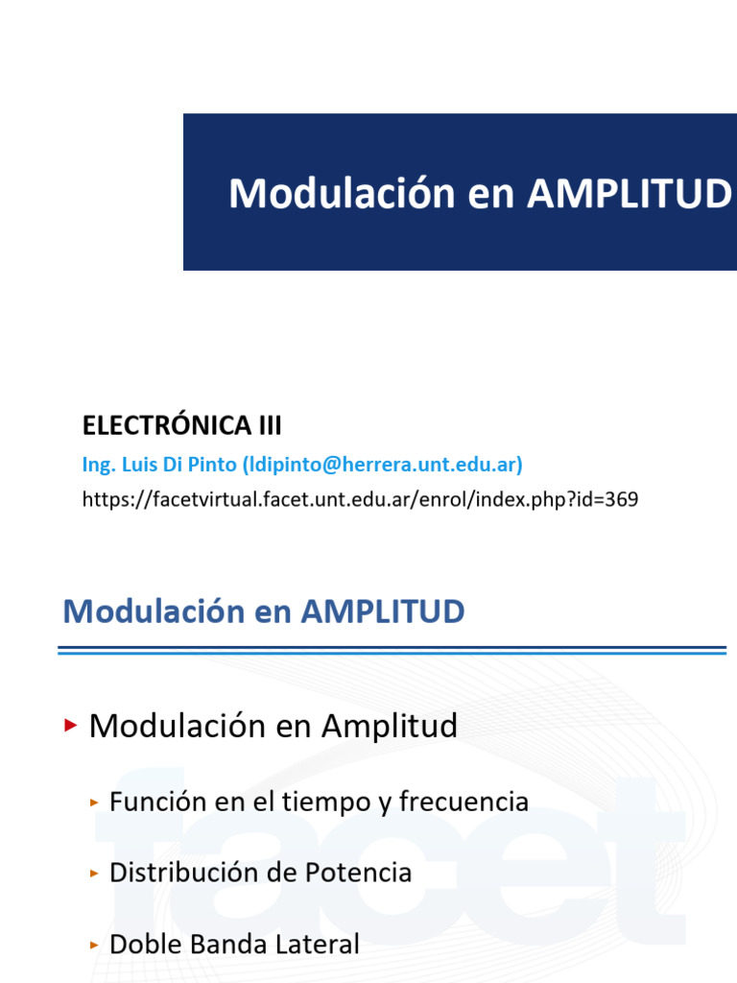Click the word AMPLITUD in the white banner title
pyautogui.click(x=629, y=194)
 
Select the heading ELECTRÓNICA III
pyautogui.click(x=181, y=424)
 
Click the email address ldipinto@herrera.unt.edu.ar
pyautogui.click(x=382, y=465)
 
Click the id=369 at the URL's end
pyautogui.click(x=611, y=498)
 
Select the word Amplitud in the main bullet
pyautogui.click(x=390, y=727)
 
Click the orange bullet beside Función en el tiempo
pyautogui.click(x=94, y=802)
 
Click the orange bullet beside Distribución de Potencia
pyautogui.click(x=94, y=873)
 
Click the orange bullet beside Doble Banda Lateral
pyautogui.click(x=94, y=945)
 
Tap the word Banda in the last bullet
pyautogui.click(x=230, y=945)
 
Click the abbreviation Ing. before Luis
pyautogui.click(x=97, y=465)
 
